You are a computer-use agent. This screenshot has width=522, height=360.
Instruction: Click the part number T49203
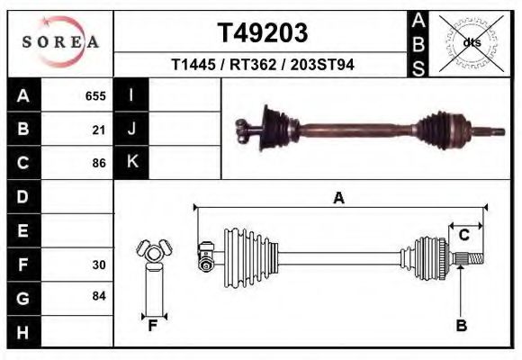pyautogui.click(x=263, y=32)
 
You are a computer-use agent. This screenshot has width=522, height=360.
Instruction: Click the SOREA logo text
pyautogui.click(x=60, y=42)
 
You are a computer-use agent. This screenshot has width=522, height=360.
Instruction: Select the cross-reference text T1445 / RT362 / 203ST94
pyautogui.click(x=262, y=65)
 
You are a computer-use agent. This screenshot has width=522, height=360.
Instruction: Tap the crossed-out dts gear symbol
pyautogui.click(x=472, y=42)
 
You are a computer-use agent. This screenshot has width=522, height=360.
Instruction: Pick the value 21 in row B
pyautogui.click(x=99, y=130)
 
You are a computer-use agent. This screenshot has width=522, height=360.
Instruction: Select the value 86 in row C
pyautogui.click(x=99, y=164)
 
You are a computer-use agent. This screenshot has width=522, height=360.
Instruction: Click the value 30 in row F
pyautogui.click(x=99, y=265)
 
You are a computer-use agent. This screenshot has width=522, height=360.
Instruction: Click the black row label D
pyautogui.click(x=24, y=196)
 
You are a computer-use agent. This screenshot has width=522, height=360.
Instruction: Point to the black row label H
pyautogui.click(x=24, y=332)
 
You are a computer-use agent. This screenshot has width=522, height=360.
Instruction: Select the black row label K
pyautogui.click(x=131, y=162)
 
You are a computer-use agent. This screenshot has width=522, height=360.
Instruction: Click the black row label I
pyautogui.click(x=131, y=95)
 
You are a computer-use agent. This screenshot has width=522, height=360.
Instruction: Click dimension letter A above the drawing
pyautogui.click(x=339, y=199)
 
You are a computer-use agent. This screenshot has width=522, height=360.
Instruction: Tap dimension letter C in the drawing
pyautogui.click(x=463, y=236)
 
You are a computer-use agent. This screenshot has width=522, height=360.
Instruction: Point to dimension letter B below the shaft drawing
pyautogui.click(x=461, y=326)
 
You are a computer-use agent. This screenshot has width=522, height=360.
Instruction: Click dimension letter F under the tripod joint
pyautogui.click(x=153, y=326)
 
